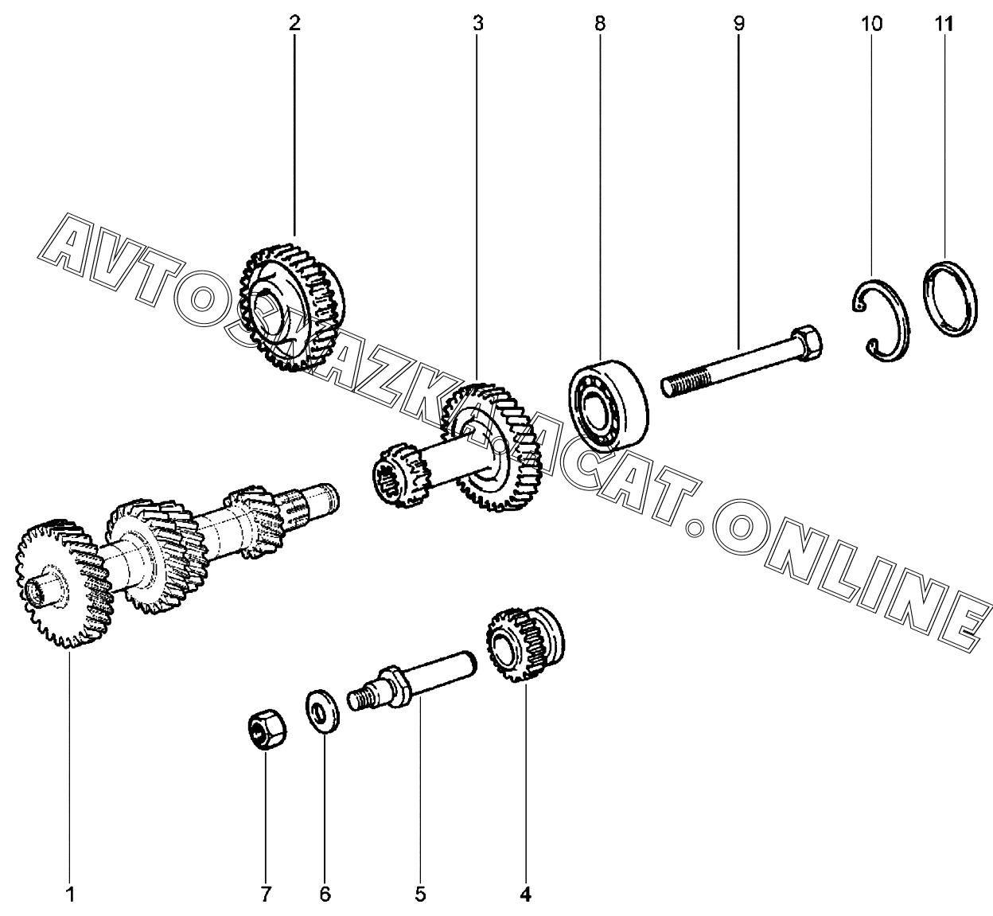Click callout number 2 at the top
(294, 24)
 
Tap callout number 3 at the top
(478, 24)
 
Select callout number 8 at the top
(600, 24)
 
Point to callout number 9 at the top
(739, 24)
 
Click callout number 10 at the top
(871, 24)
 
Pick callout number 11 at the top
(944, 24)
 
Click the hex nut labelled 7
(267, 730)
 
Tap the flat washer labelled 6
(322, 711)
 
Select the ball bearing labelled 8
(608, 406)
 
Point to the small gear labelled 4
(525, 645)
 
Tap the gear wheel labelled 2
(292, 307)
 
